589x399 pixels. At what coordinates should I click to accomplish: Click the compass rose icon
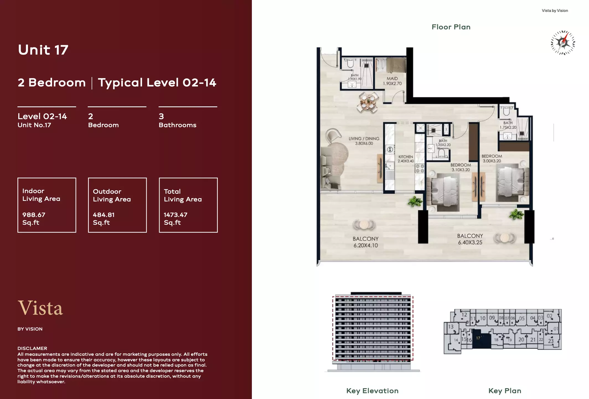[563, 43]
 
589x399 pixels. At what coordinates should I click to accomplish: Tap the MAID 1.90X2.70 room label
[392, 81]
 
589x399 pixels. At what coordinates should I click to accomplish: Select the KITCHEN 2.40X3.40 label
[405, 159]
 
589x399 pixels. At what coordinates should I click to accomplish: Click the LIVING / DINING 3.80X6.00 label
[364, 141]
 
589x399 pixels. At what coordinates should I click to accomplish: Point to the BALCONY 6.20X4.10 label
[365, 242]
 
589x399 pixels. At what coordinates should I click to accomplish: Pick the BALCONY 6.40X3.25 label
[470, 239]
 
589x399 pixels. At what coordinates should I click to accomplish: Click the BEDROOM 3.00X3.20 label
[492, 158]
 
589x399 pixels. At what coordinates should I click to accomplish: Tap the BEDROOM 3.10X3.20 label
[461, 167]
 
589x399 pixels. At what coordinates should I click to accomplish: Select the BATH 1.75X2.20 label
[508, 125]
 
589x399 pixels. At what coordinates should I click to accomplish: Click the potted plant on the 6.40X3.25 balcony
[516, 214]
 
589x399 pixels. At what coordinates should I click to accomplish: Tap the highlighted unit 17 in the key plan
[481, 338]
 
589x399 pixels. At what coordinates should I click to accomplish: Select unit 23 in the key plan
[551, 341]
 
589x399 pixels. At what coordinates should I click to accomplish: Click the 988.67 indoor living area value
[34, 215]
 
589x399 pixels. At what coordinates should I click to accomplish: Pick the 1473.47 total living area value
[175, 215]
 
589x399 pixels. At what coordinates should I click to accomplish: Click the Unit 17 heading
[43, 50]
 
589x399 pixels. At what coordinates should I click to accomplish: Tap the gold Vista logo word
[40, 308]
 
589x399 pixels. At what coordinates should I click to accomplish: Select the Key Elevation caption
[372, 391]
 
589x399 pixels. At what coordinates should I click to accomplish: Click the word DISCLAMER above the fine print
[32, 348]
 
